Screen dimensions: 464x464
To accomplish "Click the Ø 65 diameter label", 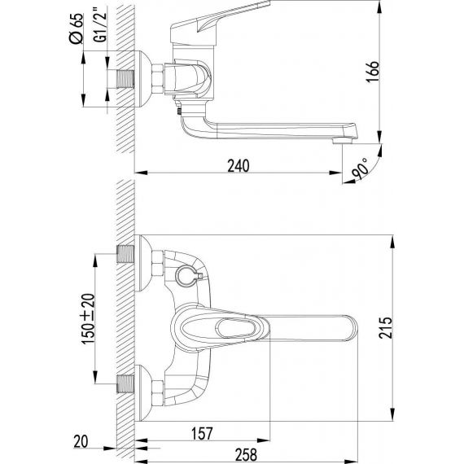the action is point(76,28).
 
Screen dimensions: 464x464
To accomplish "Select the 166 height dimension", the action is point(373,72).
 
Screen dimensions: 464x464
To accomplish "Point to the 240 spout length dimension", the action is point(239,166).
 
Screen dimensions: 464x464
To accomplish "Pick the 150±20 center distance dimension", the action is point(88,319).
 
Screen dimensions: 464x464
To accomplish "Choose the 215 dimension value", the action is point(386,328).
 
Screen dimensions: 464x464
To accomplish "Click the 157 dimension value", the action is point(202,434).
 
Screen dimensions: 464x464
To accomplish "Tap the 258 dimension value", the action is point(246,454).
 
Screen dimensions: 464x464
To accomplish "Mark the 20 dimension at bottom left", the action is point(81,441).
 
